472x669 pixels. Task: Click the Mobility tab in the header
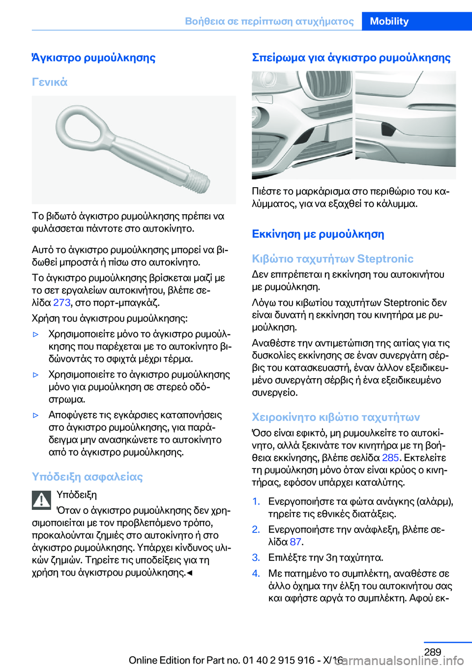click(x=389, y=21)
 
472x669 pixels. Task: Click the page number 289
click(x=432, y=652)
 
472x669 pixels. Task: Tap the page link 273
click(x=61, y=302)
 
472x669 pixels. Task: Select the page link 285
click(x=390, y=457)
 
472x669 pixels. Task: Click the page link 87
click(x=295, y=541)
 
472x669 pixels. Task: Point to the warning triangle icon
click(x=42, y=500)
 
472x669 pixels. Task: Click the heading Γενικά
click(x=50, y=82)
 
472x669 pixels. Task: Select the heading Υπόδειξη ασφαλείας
click(x=87, y=476)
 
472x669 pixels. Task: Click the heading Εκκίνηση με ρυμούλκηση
click(x=318, y=234)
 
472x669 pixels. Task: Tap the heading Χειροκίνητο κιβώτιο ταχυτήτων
click(x=335, y=417)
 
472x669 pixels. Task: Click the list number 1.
click(x=256, y=501)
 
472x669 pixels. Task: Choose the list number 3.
click(x=256, y=557)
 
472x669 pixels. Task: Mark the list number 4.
click(x=256, y=573)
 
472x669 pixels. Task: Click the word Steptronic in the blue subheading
click(x=385, y=259)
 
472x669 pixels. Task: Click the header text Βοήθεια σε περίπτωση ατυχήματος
click(x=269, y=21)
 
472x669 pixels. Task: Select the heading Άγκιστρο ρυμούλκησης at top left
click(x=93, y=57)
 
